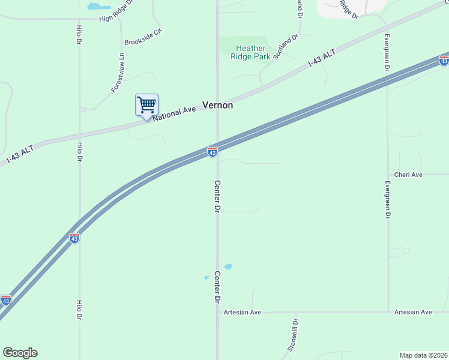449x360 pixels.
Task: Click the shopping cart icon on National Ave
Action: click(x=146, y=106)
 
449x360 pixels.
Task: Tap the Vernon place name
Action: click(x=217, y=104)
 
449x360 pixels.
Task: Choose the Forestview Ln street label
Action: click(x=118, y=73)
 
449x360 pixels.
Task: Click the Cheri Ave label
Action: click(x=409, y=175)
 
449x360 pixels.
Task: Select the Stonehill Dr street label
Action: click(x=292, y=335)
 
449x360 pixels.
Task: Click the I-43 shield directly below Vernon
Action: click(x=212, y=152)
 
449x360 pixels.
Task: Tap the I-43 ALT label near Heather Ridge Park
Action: click(x=322, y=58)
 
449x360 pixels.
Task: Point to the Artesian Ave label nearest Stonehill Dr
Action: click(x=243, y=312)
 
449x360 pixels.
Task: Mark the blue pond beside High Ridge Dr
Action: click(x=95, y=7)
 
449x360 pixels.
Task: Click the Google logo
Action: click(x=20, y=353)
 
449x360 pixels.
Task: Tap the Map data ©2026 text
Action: click(x=424, y=355)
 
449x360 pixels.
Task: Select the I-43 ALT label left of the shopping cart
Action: click(x=20, y=153)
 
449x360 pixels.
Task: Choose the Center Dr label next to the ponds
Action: click(x=217, y=286)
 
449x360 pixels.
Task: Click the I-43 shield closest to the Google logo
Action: click(x=6, y=300)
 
